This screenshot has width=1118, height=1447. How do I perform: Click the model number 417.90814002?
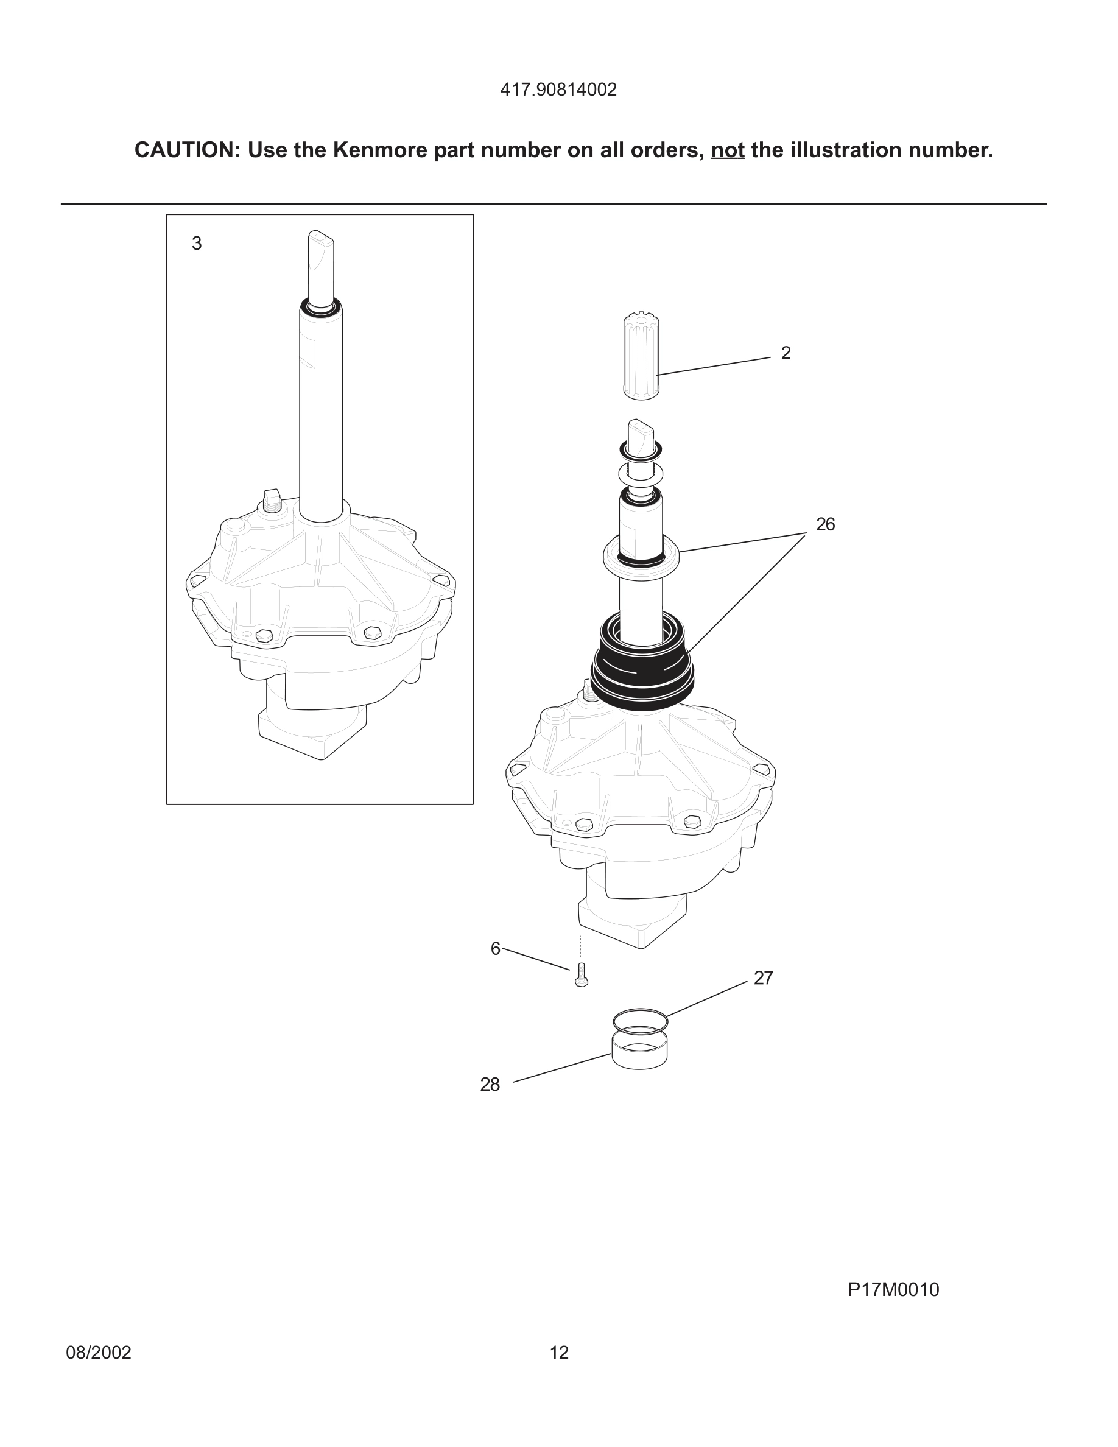click(558, 90)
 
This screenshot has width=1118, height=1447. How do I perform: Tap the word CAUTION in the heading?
click(183, 150)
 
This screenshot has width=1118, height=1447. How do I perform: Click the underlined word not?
click(727, 150)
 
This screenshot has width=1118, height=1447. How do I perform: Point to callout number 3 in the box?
click(197, 244)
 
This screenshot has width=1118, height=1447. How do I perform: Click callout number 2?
click(786, 353)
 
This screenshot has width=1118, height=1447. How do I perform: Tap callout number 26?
click(825, 525)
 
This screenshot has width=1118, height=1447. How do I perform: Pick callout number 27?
click(763, 978)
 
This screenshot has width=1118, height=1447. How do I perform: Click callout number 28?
click(490, 1085)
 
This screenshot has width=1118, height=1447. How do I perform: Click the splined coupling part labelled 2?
click(641, 357)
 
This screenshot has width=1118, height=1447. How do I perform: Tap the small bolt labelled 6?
click(582, 975)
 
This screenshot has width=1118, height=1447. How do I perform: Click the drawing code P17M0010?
click(893, 1289)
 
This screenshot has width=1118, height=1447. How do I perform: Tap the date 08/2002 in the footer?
click(99, 1352)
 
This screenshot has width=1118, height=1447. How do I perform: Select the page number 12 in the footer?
click(559, 1352)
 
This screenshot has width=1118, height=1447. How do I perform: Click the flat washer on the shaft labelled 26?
click(641, 553)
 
